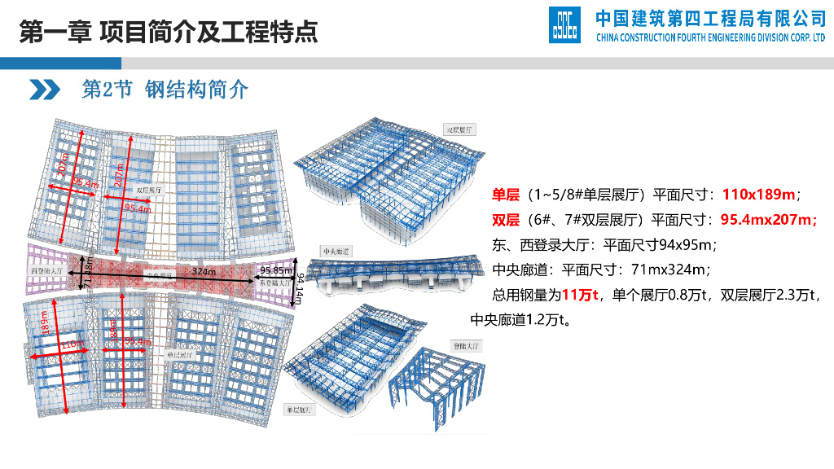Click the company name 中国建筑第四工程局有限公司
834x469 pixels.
(711, 17)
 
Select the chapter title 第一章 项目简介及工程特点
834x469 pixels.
(168, 31)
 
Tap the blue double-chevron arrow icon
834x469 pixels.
(46, 90)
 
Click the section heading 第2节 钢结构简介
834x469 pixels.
(165, 90)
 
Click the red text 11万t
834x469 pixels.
(580, 294)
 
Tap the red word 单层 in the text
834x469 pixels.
(506, 195)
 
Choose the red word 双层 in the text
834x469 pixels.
(506, 220)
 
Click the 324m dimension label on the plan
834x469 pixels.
(204, 270)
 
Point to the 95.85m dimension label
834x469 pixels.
(277, 270)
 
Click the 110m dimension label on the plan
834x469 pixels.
(72, 345)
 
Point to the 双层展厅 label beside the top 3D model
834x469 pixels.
(460, 129)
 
